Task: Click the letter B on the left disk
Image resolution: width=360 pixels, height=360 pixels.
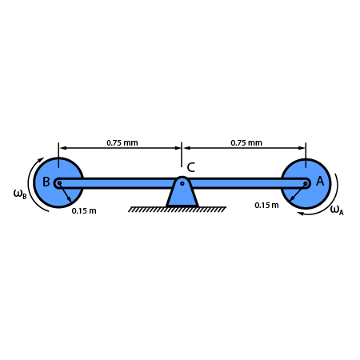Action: [46, 182]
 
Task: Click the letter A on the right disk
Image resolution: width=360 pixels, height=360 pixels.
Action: [320, 182]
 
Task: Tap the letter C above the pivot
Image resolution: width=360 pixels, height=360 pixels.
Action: [191, 168]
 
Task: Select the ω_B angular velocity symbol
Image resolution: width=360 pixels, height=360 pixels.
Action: [20, 194]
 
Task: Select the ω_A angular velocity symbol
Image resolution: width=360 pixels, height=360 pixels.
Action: [336, 210]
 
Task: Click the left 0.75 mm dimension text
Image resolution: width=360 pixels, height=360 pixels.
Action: [122, 143]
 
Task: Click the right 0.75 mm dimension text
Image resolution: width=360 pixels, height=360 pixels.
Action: [246, 143]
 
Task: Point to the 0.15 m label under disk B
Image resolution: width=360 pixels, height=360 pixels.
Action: [84, 211]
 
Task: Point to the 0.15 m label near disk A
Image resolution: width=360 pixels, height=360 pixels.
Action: [266, 206]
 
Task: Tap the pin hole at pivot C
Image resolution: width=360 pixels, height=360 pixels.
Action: [182, 183]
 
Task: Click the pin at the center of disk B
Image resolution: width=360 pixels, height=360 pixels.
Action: [58, 183]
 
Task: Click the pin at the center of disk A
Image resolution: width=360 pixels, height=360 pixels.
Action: [306, 183]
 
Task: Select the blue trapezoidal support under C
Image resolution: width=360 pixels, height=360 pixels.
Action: [182, 197]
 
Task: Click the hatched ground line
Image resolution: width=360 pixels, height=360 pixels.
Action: [178, 210]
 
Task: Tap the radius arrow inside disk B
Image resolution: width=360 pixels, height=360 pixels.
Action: [66, 195]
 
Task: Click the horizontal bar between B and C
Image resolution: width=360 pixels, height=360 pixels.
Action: [120, 183]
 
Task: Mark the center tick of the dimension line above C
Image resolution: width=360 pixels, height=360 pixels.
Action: [182, 148]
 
